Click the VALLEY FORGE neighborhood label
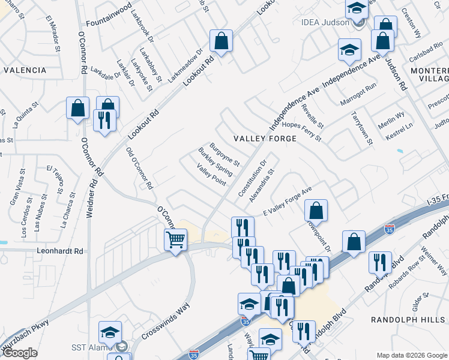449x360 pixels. tap(265, 139)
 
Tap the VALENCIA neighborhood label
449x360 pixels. tap(25, 70)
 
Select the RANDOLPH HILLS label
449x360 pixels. tap(408, 320)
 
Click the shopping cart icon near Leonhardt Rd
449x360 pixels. tap(175, 240)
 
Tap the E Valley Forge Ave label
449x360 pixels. tap(288, 202)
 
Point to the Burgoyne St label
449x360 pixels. tap(224, 154)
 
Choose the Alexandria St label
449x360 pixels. tap(262, 184)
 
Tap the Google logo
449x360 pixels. tap(20, 353)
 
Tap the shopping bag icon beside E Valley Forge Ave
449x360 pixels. tap(316, 211)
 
